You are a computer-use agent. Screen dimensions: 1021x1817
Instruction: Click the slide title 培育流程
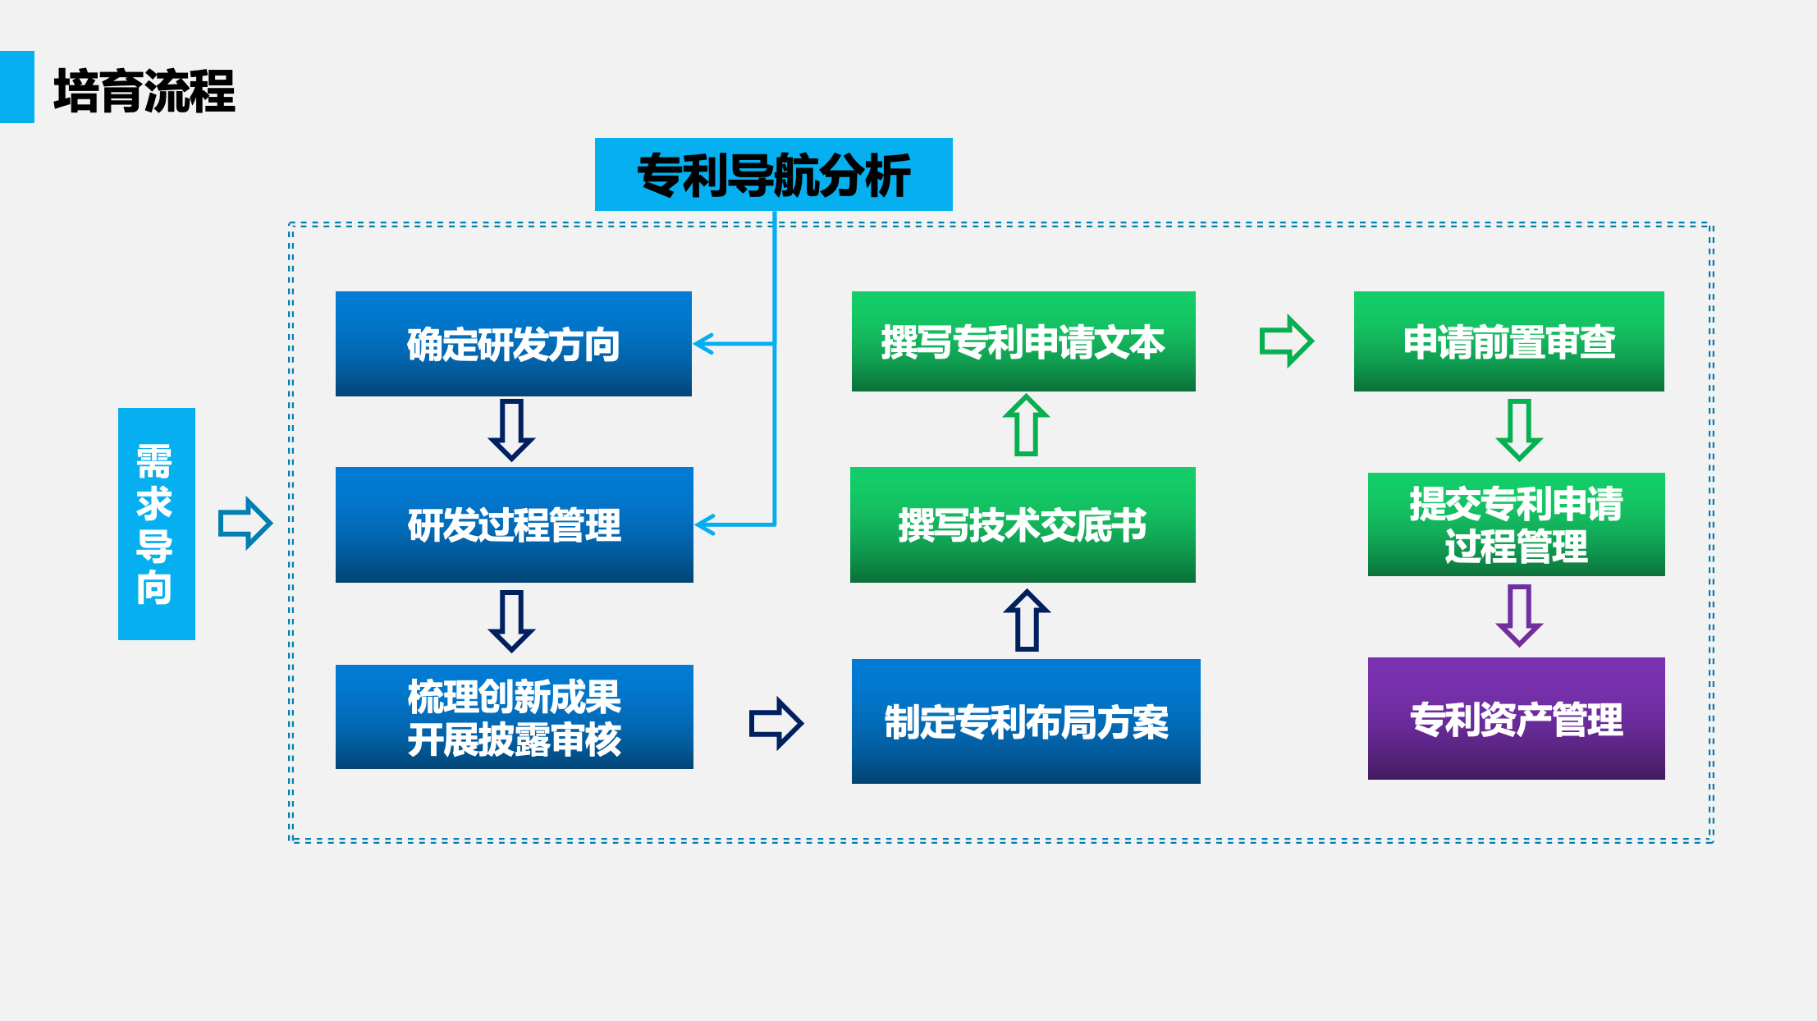[144, 90]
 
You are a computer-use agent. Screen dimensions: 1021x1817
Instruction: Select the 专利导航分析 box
[773, 175]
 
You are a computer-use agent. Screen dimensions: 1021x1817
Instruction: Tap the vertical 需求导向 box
[156, 524]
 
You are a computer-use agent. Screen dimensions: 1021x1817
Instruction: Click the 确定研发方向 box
[513, 344]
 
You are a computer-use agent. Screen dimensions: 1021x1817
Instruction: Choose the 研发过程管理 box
[514, 524]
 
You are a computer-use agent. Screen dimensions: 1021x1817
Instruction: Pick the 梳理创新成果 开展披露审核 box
[514, 717]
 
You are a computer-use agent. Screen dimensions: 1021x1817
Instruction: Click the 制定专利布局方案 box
[1025, 721]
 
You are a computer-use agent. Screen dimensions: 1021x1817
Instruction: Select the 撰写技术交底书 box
[1023, 524]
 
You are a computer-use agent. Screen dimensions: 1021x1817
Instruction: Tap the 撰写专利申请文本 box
[1023, 341]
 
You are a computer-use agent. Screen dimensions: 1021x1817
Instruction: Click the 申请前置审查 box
[1508, 341]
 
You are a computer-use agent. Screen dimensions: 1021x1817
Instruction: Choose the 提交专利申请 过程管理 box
[1516, 524]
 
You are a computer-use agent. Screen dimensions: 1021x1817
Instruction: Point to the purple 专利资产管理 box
[1516, 719]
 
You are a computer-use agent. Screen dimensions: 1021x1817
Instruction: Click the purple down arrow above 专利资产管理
[1519, 616]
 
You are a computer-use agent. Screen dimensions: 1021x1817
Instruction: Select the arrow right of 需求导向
[245, 523]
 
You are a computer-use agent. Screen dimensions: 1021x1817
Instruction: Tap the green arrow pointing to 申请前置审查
[1287, 341]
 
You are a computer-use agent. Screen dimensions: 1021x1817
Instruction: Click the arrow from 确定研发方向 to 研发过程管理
[511, 430]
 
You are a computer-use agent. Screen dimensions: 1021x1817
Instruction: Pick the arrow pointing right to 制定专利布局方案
[776, 723]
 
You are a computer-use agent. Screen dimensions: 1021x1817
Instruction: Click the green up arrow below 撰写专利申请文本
[1026, 424]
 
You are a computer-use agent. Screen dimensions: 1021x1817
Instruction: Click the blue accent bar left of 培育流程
[16, 87]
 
